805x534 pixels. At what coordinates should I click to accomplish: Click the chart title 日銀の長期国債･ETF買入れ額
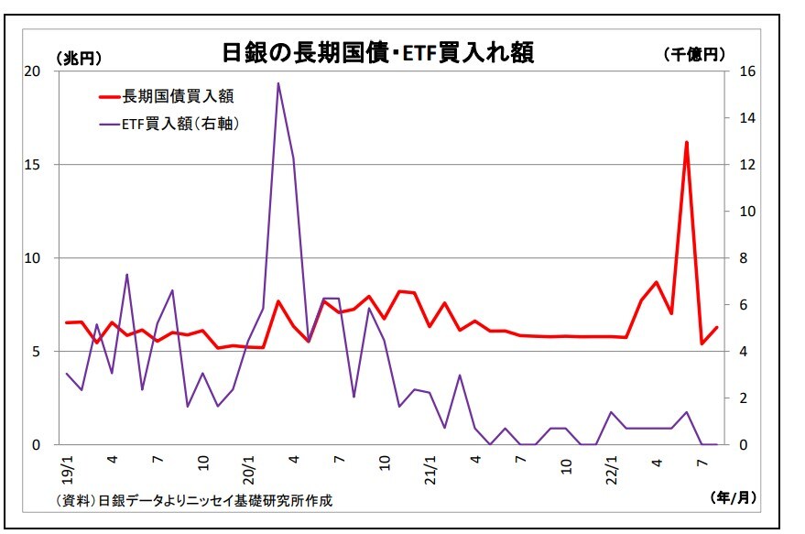point(377,52)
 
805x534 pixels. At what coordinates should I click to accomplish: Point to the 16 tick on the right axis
point(743,71)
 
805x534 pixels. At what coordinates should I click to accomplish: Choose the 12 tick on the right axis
point(743,165)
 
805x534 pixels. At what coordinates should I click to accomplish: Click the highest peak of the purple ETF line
point(278,83)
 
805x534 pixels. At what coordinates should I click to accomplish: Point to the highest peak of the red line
point(686,143)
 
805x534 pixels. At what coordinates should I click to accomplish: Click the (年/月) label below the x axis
point(734,496)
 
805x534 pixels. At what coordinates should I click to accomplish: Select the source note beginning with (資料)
point(193,500)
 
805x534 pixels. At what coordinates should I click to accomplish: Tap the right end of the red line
point(716,327)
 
